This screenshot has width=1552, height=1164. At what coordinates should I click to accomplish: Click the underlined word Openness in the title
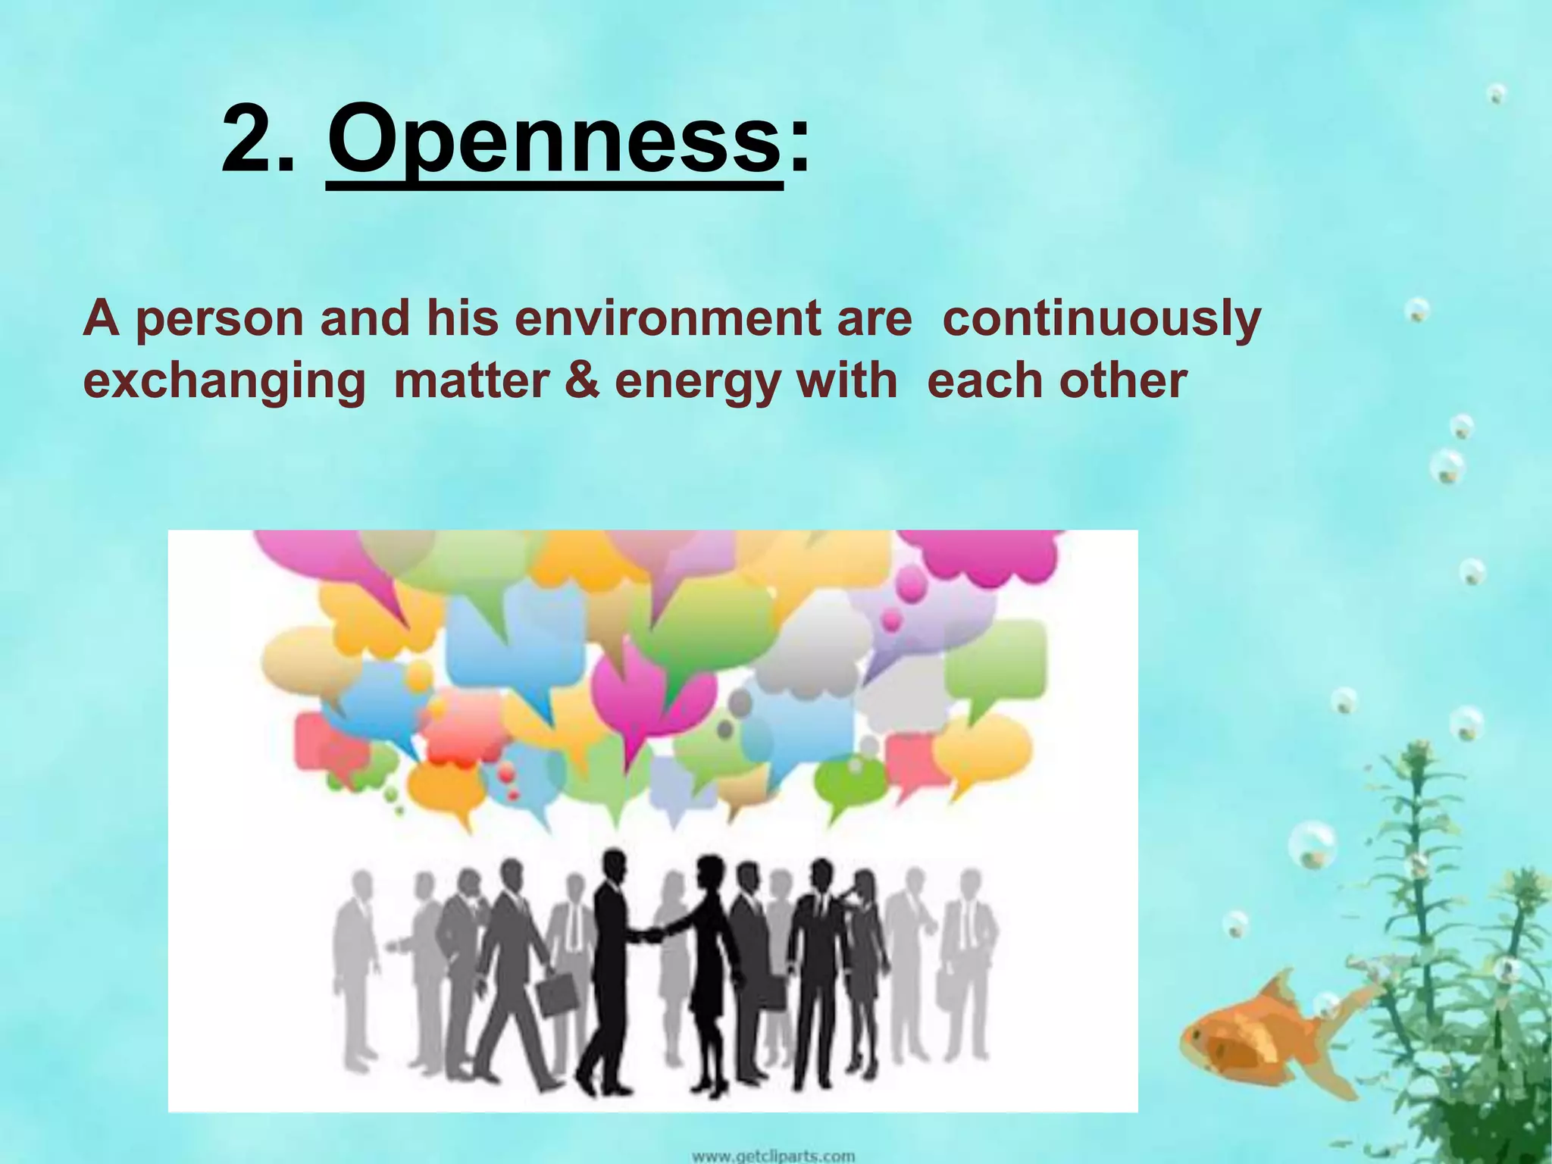click(554, 140)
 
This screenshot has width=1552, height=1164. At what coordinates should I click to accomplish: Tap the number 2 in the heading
click(251, 140)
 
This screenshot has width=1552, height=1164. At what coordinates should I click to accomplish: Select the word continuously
click(1100, 319)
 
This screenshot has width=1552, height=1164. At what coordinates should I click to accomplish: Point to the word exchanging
click(224, 380)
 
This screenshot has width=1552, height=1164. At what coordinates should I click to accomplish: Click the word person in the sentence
click(220, 319)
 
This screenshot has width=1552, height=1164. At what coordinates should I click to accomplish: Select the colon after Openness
click(798, 144)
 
